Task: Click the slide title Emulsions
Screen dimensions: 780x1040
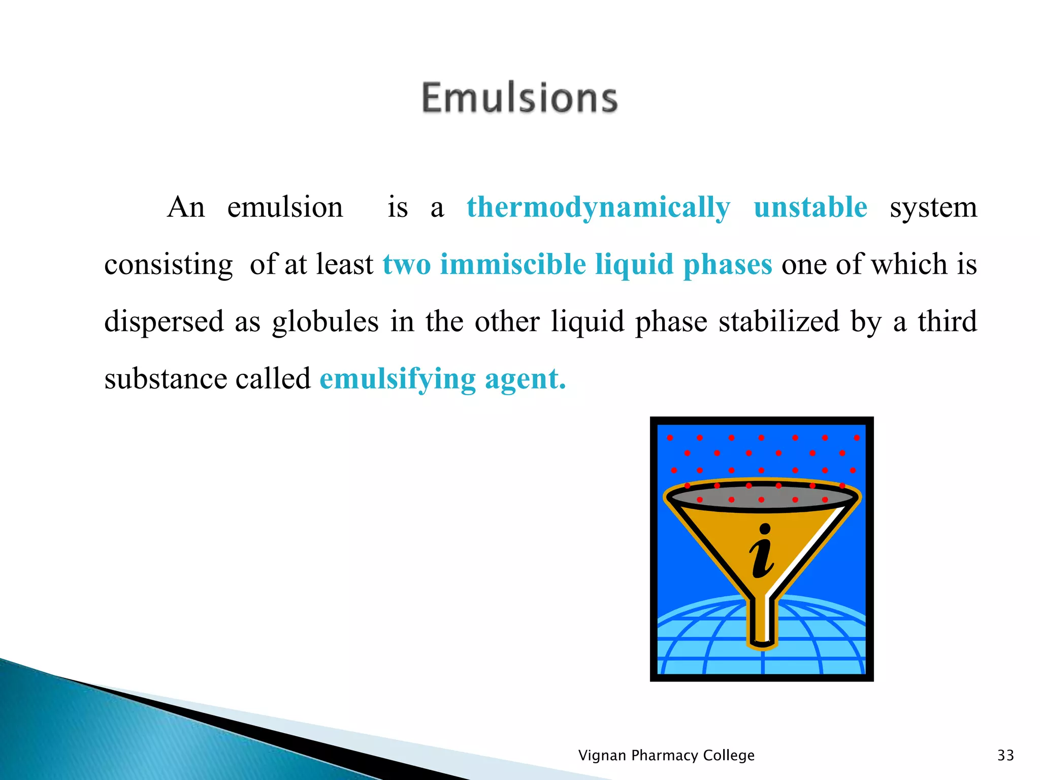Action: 519,97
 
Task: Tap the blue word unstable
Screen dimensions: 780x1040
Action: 810,207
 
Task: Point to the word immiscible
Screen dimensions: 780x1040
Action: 512,265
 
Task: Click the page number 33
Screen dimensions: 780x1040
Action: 1005,755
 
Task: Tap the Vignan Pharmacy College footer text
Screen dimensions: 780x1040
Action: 666,755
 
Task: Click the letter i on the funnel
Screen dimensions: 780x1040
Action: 762,552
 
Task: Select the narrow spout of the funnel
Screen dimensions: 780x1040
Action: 762,622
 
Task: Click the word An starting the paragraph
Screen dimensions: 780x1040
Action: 186,207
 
